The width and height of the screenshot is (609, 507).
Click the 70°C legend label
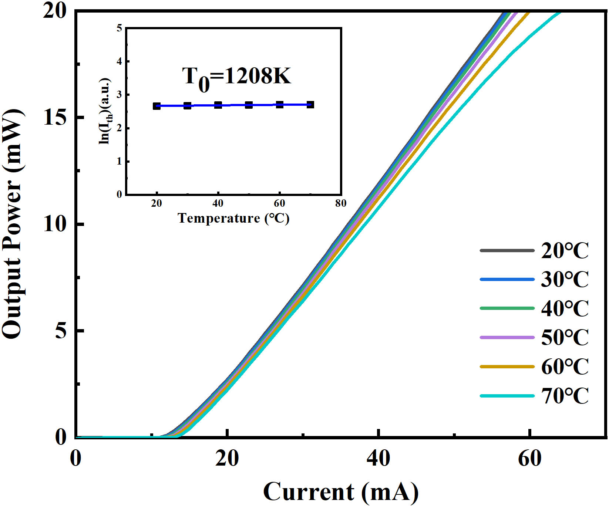pyautogui.click(x=565, y=396)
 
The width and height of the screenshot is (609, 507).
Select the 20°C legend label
pyautogui.click(x=565, y=251)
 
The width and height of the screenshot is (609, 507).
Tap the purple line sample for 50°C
pyautogui.click(x=507, y=337)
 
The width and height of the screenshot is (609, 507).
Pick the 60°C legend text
pyautogui.click(x=565, y=367)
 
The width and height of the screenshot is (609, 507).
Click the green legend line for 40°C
pyautogui.click(x=507, y=308)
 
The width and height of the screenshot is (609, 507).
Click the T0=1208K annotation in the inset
pyautogui.click(x=236, y=77)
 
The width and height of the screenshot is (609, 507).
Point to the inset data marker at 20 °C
pyautogui.click(x=157, y=106)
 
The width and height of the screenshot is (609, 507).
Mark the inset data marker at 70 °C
pyautogui.click(x=310, y=105)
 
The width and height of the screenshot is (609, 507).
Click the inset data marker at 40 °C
pyautogui.click(x=218, y=105)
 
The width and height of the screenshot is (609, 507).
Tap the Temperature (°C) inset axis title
pyautogui.click(x=233, y=218)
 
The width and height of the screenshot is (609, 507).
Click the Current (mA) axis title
pyautogui.click(x=341, y=492)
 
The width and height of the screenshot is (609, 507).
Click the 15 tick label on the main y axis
pyautogui.click(x=55, y=118)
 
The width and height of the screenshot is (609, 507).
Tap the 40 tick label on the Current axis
pyautogui.click(x=378, y=459)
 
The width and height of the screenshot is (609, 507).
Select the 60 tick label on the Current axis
pyautogui.click(x=529, y=459)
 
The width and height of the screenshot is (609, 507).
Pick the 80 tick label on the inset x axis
pyautogui.click(x=341, y=203)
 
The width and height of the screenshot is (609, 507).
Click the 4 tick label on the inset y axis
pyautogui.click(x=119, y=61)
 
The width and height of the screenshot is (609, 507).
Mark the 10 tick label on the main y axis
pyautogui.click(x=55, y=224)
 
